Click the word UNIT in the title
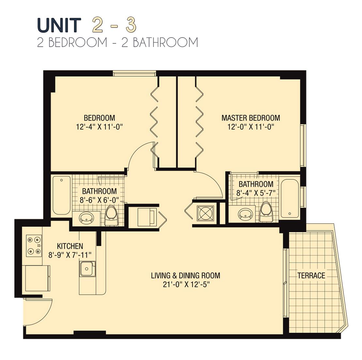[59, 25]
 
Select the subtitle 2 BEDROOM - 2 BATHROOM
[117, 43]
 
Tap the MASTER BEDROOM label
[250, 118]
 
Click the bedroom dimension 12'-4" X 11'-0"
[99, 127]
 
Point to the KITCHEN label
[70, 246]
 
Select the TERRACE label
[311, 276]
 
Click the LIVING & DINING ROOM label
[185, 276]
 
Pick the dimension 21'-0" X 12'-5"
[186, 284]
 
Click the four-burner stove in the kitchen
[34, 246]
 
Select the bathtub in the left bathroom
[61, 195]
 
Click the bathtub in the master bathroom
[290, 198]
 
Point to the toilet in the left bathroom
[111, 216]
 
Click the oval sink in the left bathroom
[87, 217]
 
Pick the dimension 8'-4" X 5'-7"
[255, 193]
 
